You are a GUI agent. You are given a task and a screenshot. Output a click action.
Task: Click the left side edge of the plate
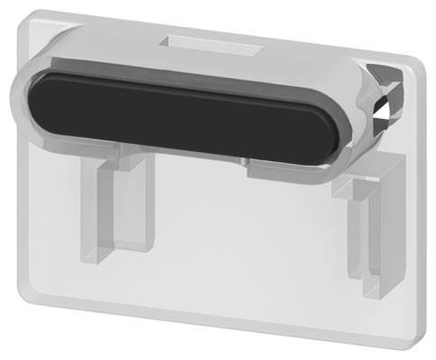pyautogui.click(x=22, y=207)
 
